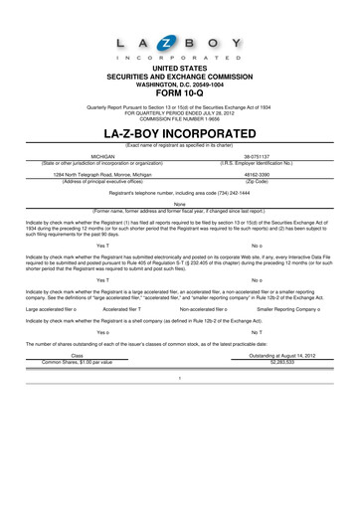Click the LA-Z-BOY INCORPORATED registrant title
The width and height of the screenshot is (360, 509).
(180, 131)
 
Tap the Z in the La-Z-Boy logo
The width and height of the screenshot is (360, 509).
(180, 44)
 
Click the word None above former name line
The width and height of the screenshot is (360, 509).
(179, 204)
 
